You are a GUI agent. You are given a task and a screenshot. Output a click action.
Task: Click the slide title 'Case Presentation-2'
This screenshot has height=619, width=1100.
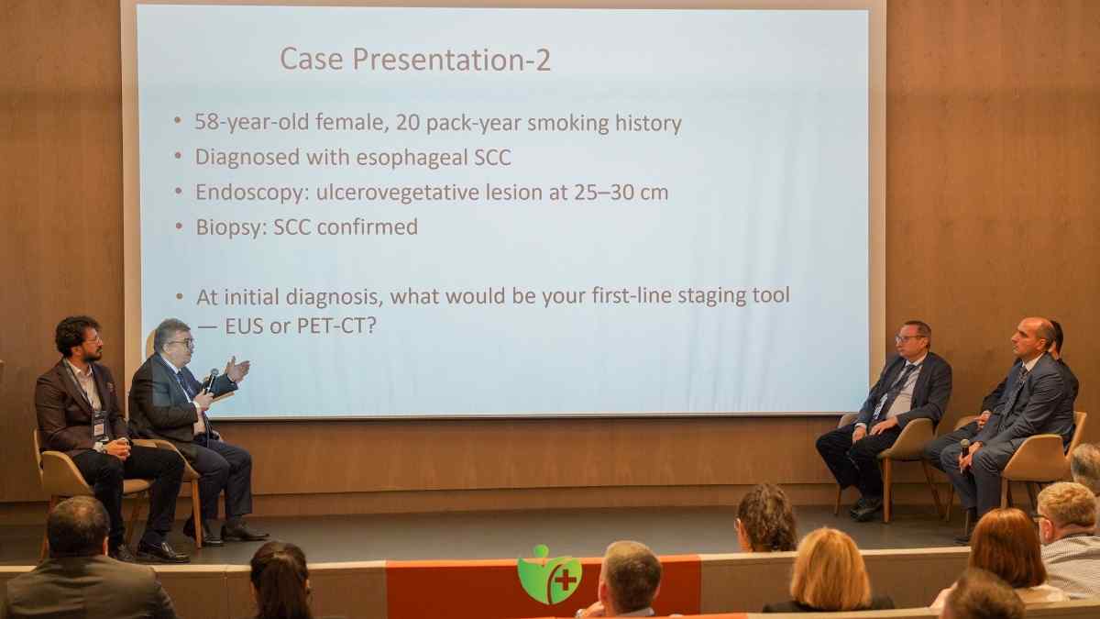415,60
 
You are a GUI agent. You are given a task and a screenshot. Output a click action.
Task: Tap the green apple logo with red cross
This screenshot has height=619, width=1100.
548,575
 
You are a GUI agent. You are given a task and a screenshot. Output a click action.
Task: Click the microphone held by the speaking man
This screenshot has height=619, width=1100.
211,380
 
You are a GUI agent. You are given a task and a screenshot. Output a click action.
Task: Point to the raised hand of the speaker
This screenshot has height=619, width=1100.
236,369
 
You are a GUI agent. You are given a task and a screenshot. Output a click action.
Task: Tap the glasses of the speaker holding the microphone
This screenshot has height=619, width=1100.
181,343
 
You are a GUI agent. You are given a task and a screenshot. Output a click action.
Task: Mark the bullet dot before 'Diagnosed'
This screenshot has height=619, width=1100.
178,157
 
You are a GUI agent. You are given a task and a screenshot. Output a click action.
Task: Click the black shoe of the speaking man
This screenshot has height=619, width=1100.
244,532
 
